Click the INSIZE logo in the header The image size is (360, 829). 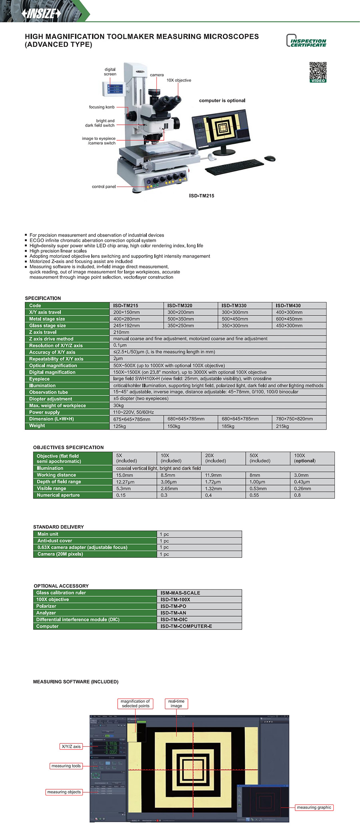(x=42, y=14)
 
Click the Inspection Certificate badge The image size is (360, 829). (x=306, y=41)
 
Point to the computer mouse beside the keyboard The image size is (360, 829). (x=270, y=158)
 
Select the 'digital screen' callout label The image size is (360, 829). (x=110, y=72)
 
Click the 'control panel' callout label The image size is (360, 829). (x=104, y=187)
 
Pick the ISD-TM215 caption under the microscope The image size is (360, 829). (x=202, y=196)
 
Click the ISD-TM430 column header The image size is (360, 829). (x=288, y=306)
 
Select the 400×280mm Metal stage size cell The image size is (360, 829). (x=127, y=319)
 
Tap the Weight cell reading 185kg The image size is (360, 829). (x=228, y=426)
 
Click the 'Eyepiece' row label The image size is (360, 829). (x=39, y=379)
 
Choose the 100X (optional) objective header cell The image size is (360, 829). (x=305, y=458)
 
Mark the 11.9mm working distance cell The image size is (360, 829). (x=213, y=475)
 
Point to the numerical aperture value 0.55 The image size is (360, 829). (x=254, y=495)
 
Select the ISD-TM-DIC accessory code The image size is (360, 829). (x=174, y=619)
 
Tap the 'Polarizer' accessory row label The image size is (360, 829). (x=46, y=606)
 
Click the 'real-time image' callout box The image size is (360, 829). (x=176, y=703)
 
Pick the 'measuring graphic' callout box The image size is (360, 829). (x=314, y=807)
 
